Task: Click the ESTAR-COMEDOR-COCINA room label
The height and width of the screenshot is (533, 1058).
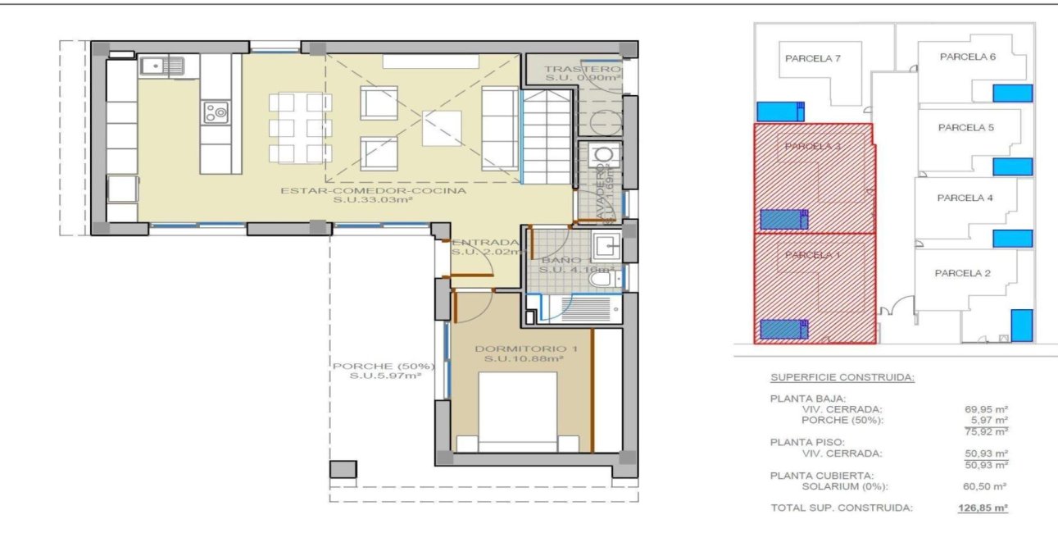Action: click(x=373, y=191)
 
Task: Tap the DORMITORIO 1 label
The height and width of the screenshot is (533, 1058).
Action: click(x=525, y=349)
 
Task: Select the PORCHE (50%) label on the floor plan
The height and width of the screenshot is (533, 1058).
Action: click(x=376, y=367)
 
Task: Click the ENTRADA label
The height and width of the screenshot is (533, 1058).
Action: click(x=486, y=243)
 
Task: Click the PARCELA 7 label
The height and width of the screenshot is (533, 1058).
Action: click(x=812, y=58)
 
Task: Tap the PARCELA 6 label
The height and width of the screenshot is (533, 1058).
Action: click(x=967, y=57)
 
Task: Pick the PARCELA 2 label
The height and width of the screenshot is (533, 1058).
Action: click(x=962, y=273)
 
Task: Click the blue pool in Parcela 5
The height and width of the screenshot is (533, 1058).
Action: click(x=1012, y=166)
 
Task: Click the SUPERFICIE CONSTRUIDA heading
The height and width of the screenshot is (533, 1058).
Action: click(x=842, y=378)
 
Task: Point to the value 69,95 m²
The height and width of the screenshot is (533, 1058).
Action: click(x=988, y=408)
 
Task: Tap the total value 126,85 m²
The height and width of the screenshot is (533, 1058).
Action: click(x=983, y=508)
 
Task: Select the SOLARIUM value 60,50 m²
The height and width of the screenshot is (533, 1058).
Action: click(x=988, y=486)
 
